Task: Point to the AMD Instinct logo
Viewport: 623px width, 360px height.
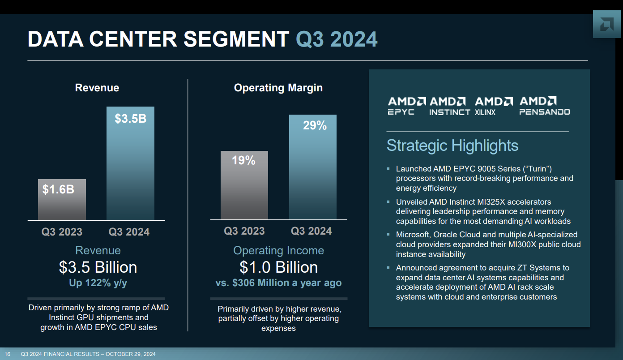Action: tap(449, 106)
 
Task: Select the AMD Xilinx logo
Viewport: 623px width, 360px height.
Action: tap(493, 106)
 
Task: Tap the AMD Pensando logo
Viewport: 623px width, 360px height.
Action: tap(544, 106)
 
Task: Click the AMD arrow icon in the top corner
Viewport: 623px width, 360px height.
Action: tap(606, 24)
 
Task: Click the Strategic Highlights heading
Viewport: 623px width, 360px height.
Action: tap(452, 146)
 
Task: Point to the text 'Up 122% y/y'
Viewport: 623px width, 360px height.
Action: tap(98, 283)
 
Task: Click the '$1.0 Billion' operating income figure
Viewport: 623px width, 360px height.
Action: tap(278, 267)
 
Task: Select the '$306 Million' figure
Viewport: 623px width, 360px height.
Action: tap(260, 283)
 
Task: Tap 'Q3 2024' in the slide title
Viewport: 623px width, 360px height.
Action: tap(337, 39)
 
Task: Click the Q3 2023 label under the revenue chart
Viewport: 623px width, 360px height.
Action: tap(62, 232)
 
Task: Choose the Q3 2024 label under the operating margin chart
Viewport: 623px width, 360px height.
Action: tap(311, 231)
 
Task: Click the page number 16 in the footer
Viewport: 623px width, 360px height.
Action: tap(8, 355)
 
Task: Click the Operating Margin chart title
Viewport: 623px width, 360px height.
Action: tap(278, 88)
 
